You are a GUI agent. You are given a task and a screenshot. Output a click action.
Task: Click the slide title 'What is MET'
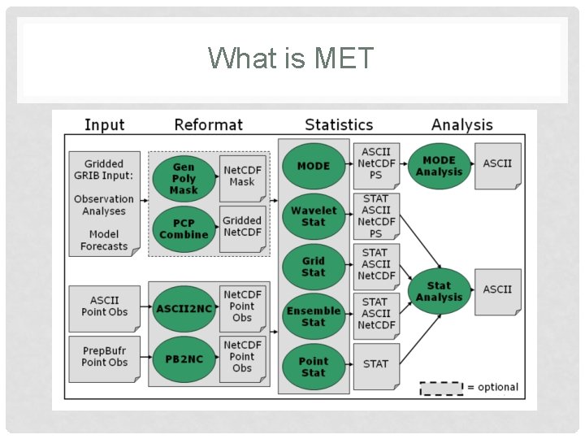[291, 59]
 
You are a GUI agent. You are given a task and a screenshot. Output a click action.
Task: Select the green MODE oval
[314, 166]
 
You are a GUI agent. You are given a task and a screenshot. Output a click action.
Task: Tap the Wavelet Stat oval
[314, 216]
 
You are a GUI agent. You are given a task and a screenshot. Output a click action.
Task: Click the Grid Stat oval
[314, 267]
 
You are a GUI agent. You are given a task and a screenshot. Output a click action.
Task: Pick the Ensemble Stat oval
[314, 315]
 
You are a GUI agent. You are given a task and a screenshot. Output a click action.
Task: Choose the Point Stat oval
[314, 367]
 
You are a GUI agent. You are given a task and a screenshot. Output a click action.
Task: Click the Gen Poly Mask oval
[184, 179]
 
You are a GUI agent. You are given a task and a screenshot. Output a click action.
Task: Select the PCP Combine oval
[184, 229]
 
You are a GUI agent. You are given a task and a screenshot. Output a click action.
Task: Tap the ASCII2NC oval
[184, 309]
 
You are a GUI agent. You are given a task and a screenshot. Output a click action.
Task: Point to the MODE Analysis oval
[439, 166]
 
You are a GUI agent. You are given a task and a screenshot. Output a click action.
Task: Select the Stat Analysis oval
[439, 291]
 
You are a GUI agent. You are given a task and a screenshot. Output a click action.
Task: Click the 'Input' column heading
[105, 124]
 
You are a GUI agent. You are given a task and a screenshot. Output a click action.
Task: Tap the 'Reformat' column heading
[208, 124]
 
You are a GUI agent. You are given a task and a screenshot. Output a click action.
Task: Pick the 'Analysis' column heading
[461, 124]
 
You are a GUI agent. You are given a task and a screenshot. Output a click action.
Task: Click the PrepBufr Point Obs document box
[105, 357]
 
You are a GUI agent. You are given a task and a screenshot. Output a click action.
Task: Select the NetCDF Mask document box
[243, 176]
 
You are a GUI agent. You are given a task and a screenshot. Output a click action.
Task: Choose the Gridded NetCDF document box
[243, 227]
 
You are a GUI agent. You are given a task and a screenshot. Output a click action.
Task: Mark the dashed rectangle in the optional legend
[440, 388]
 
